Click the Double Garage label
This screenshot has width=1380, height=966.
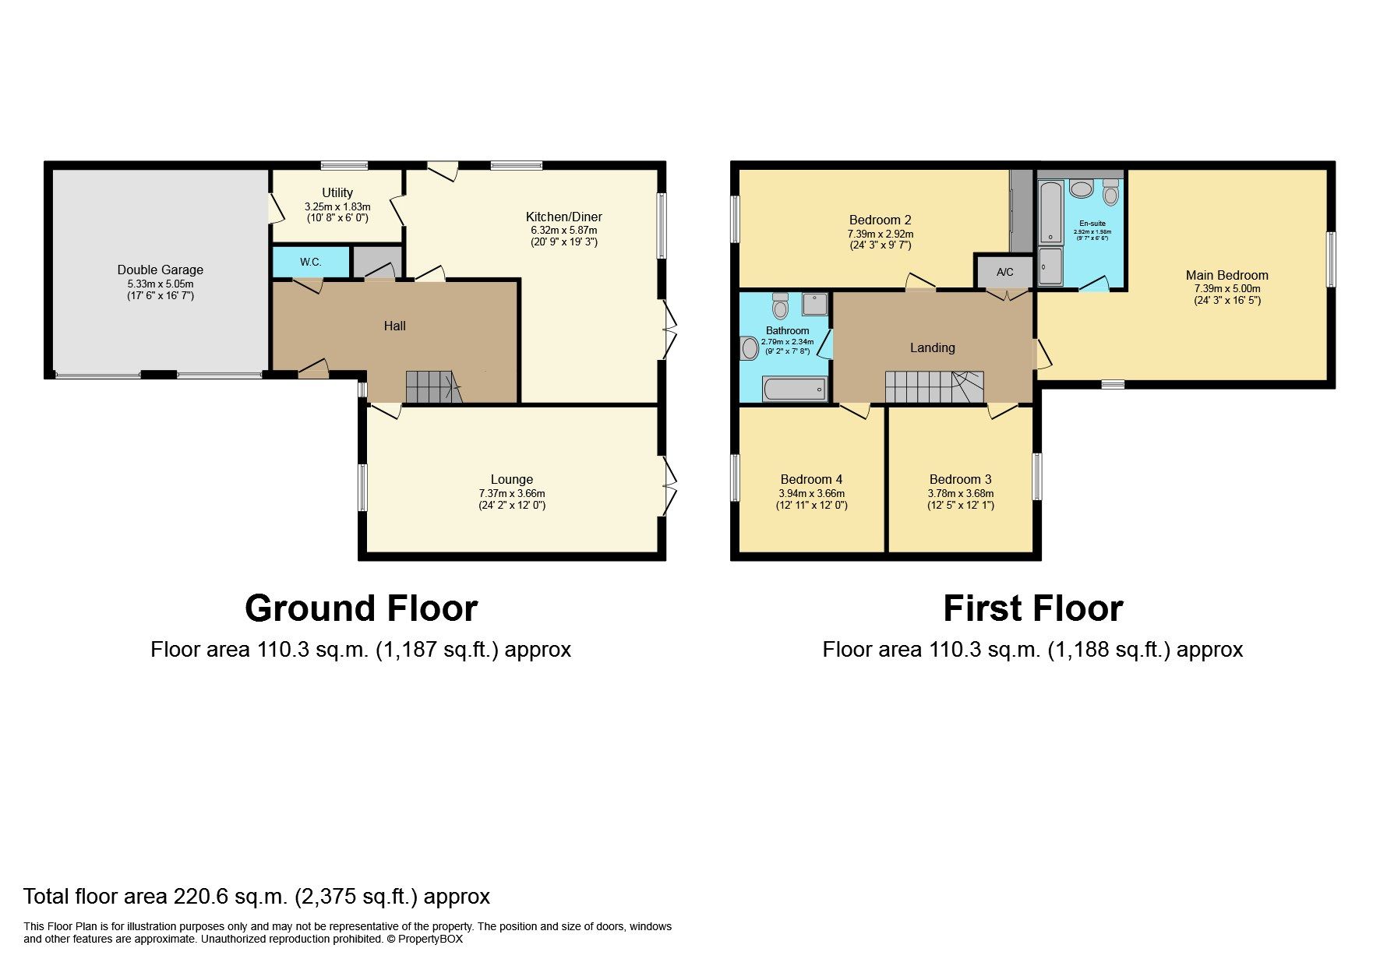pyautogui.click(x=160, y=270)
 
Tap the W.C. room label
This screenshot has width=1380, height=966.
pyautogui.click(x=310, y=262)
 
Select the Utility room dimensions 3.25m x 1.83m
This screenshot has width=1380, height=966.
pyautogui.click(x=337, y=206)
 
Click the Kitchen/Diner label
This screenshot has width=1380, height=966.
pyautogui.click(x=563, y=217)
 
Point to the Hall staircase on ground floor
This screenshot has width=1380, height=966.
pyautogui.click(x=433, y=386)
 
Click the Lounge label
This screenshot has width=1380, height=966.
pyautogui.click(x=511, y=479)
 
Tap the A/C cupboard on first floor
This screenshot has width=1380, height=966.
pyautogui.click(x=1004, y=272)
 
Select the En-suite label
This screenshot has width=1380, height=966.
pyautogui.click(x=1092, y=224)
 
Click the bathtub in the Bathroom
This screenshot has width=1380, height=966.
pyautogui.click(x=795, y=389)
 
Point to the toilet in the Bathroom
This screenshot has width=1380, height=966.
pyautogui.click(x=781, y=305)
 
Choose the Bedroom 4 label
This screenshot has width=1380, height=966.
pyautogui.click(x=811, y=479)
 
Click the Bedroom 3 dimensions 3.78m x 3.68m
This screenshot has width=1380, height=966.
pyautogui.click(x=960, y=493)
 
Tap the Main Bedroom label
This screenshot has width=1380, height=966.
pyautogui.click(x=1226, y=275)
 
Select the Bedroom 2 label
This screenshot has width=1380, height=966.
pyautogui.click(x=880, y=220)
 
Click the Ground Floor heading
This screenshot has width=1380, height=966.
pyautogui.click(x=361, y=608)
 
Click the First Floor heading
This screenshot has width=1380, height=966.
pyautogui.click(x=1032, y=608)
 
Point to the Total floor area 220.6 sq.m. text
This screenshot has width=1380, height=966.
pyautogui.click(x=256, y=897)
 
